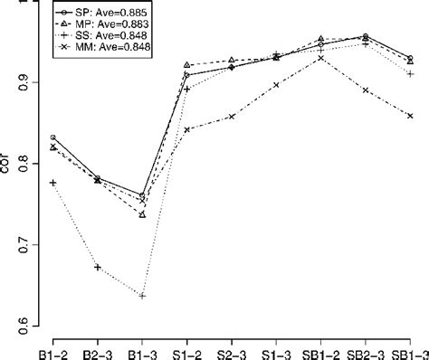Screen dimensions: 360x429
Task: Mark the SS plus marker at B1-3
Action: pyautogui.click(x=142, y=296)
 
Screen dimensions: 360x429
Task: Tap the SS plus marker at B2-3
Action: pyautogui.click(x=97, y=268)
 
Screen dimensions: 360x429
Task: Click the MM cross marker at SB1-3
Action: pyautogui.click(x=410, y=116)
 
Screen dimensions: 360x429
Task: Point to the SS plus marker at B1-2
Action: pyautogui.click(x=52, y=183)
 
